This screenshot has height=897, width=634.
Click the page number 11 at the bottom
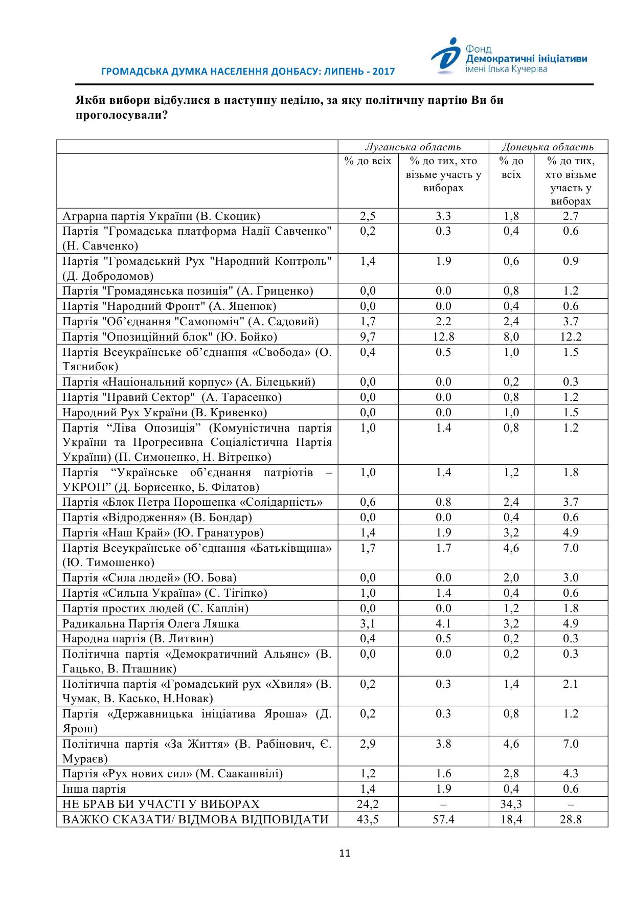click(x=345, y=853)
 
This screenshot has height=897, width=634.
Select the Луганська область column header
click(x=413, y=147)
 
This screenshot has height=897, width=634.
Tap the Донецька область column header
click(x=548, y=147)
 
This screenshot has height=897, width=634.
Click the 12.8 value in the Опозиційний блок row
click(x=443, y=337)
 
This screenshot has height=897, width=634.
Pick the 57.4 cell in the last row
click(x=443, y=820)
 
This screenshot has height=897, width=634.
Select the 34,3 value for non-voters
click(x=511, y=804)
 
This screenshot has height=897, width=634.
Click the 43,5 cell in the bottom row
click(x=368, y=820)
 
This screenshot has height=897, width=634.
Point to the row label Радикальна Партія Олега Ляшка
click(x=151, y=624)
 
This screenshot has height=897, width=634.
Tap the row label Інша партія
click(x=94, y=789)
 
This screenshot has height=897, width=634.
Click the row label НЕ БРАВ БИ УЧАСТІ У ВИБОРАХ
click(x=161, y=804)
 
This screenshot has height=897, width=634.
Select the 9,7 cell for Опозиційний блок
click(x=368, y=337)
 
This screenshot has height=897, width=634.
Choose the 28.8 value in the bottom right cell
click(x=571, y=820)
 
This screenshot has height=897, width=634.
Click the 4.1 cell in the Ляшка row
click(x=443, y=624)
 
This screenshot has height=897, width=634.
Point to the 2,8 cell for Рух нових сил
click(x=511, y=774)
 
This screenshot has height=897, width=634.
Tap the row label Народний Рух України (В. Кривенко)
click(x=165, y=413)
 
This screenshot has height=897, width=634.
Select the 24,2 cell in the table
click(x=368, y=804)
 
